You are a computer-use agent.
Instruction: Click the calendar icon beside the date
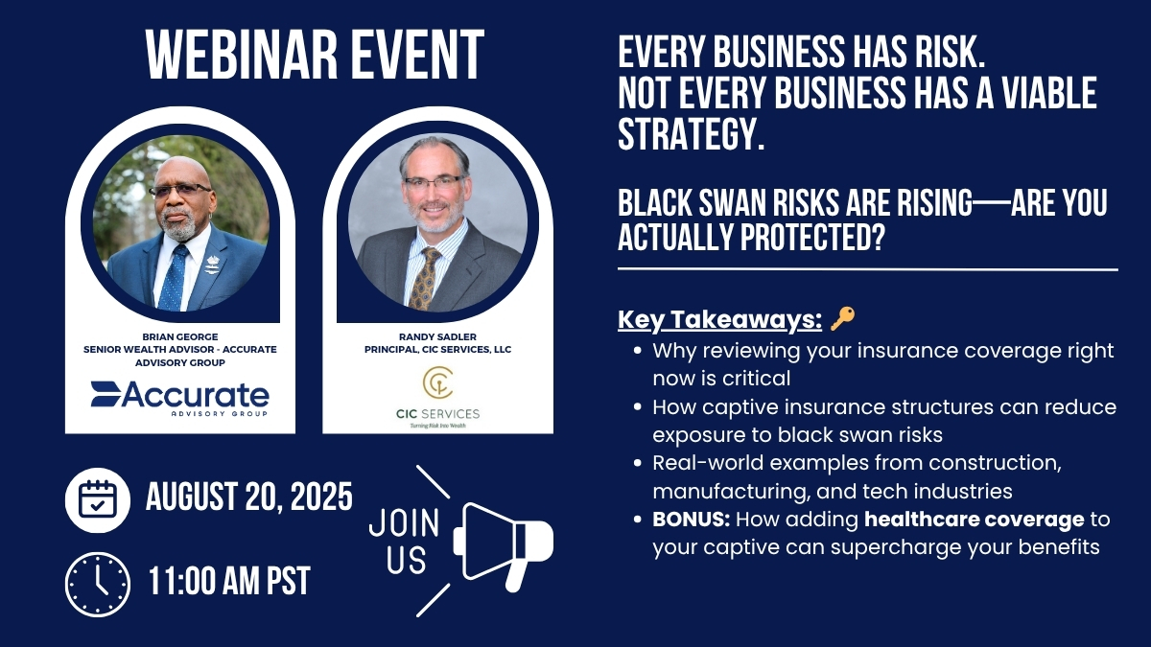pyautogui.click(x=98, y=499)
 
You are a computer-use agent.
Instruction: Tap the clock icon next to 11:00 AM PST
pyautogui.click(x=98, y=585)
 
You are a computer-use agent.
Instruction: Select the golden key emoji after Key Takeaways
pyautogui.click(x=843, y=318)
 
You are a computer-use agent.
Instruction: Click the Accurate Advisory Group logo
pyautogui.click(x=180, y=399)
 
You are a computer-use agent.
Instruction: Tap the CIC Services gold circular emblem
pyautogui.click(x=437, y=382)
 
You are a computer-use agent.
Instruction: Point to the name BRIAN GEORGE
pyautogui.click(x=180, y=336)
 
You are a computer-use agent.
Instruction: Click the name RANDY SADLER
pyautogui.click(x=437, y=336)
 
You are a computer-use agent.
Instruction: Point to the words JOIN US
pyautogui.click(x=405, y=541)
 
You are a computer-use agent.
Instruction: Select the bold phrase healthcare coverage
pyautogui.click(x=975, y=520)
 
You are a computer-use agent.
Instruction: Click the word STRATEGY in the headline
pyautogui.click(x=692, y=134)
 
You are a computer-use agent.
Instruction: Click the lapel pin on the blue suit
pyautogui.click(x=212, y=265)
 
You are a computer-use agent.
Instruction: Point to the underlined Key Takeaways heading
pyautogui.click(x=720, y=319)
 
